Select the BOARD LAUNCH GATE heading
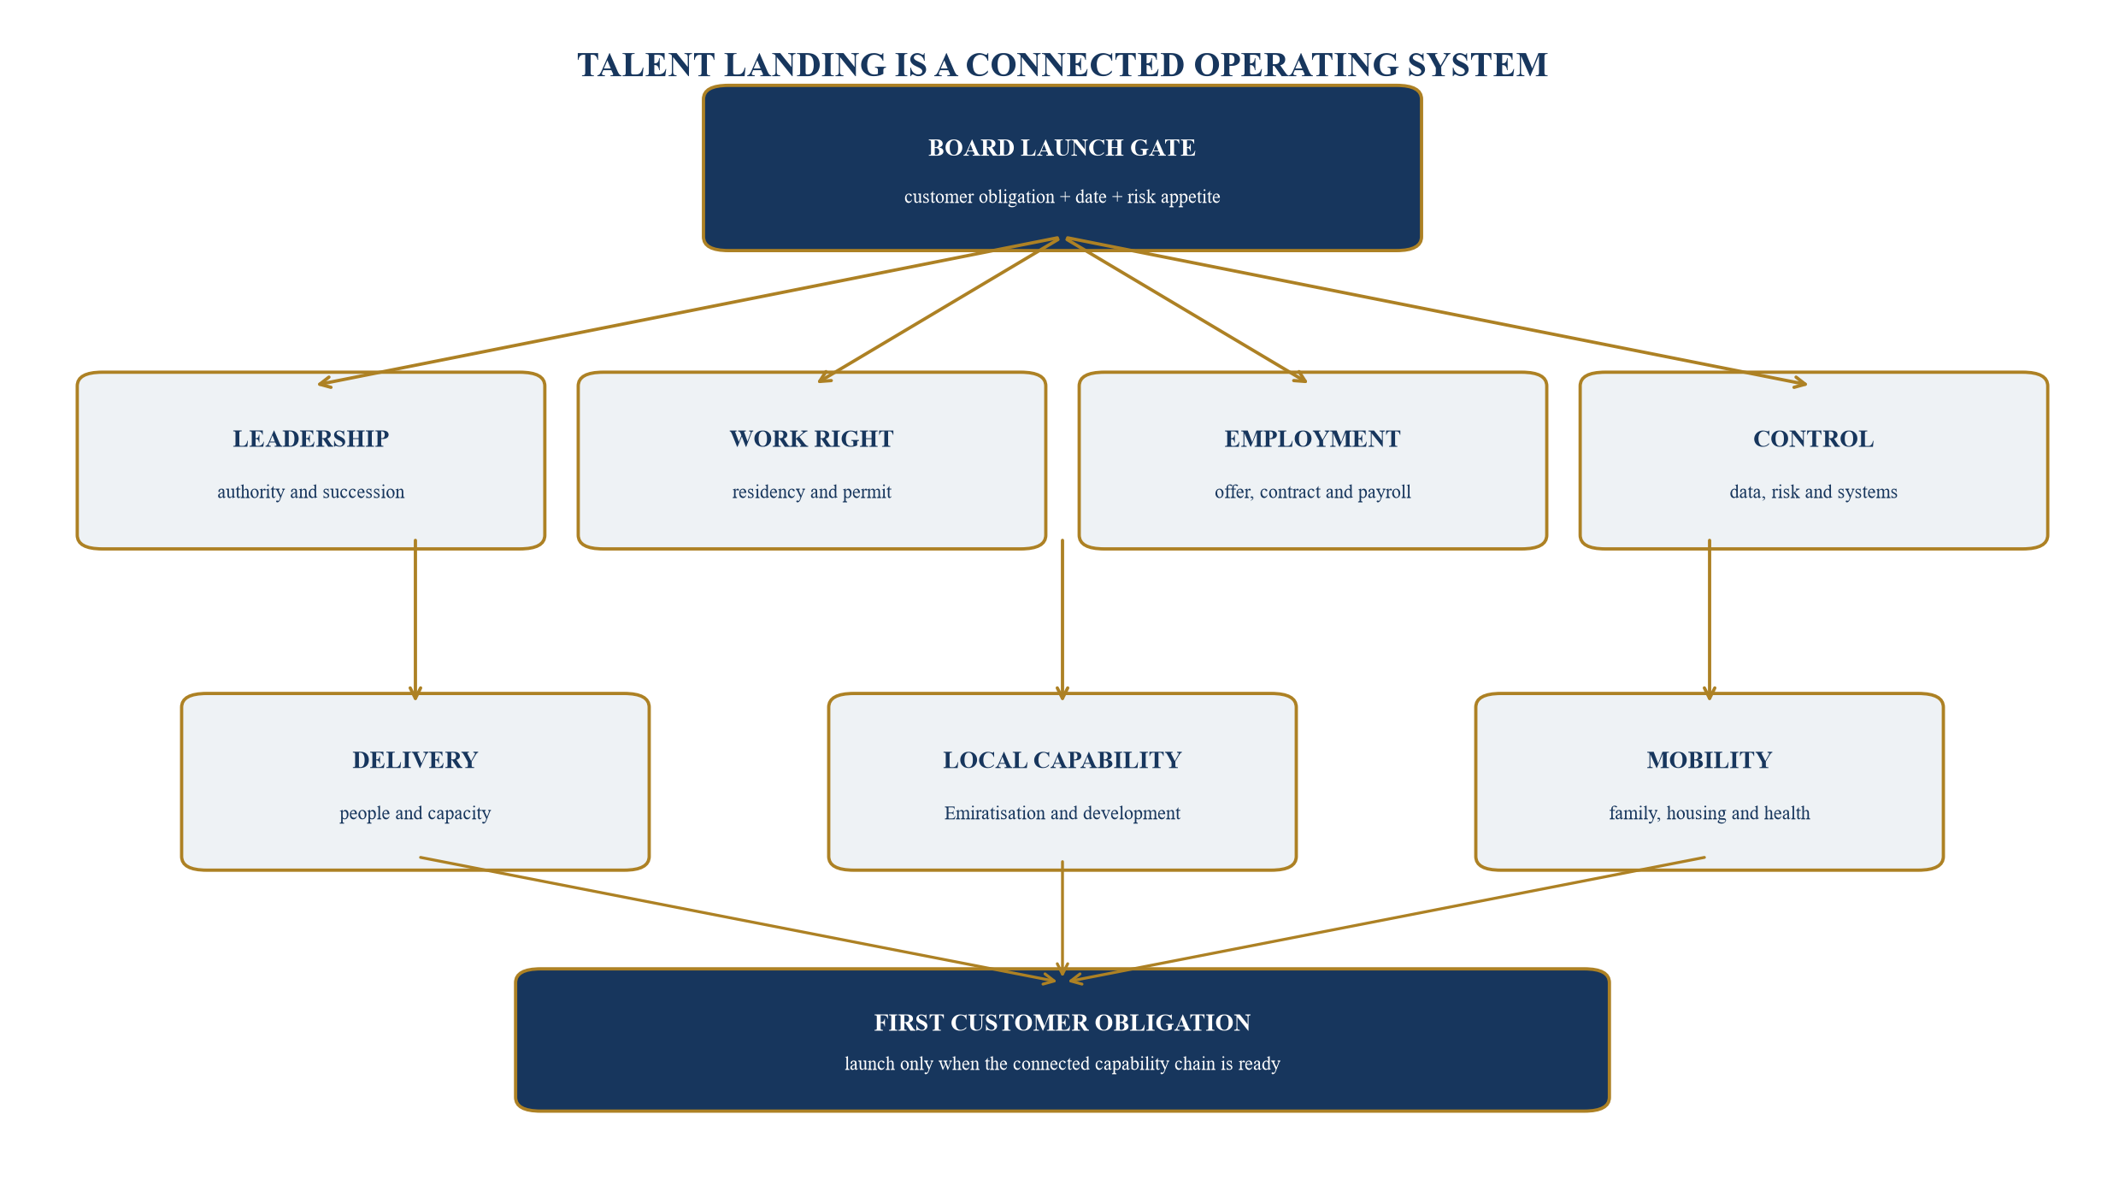(1062, 148)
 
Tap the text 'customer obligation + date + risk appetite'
(1062, 197)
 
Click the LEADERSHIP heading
(311, 439)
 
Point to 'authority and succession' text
(311, 492)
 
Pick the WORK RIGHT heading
(811, 439)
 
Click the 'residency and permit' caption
(811, 492)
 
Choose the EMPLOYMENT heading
(1312, 439)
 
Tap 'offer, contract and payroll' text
(1312, 492)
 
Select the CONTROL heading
(1813, 439)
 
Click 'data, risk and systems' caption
(1813, 492)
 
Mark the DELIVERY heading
(415, 760)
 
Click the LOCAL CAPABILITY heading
(1062, 760)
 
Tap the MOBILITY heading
(1709, 760)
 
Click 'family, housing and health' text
(1709, 813)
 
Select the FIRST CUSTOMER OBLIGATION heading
(1062, 1023)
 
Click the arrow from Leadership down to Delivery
(415, 620)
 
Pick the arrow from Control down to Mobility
(1710, 620)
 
